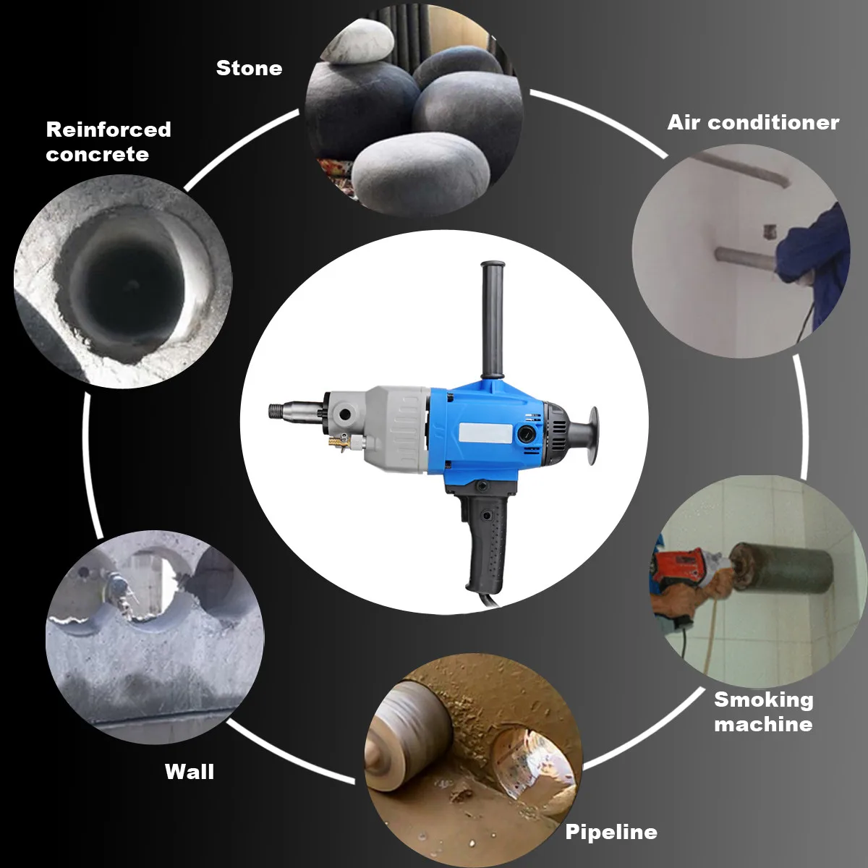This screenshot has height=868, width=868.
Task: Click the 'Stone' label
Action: pyautogui.click(x=249, y=69)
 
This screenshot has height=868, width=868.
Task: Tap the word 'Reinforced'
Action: pyautogui.click(x=109, y=129)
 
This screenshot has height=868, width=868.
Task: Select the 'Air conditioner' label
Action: pyautogui.click(x=753, y=122)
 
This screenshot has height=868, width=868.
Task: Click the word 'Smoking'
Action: pyautogui.click(x=764, y=700)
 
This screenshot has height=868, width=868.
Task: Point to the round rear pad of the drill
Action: pyautogui.click(x=593, y=437)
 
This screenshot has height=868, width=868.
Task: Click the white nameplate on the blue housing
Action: pyautogui.click(x=485, y=434)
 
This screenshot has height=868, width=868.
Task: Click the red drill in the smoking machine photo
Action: pyautogui.click(x=680, y=566)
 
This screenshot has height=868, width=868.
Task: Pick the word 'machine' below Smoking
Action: pyautogui.click(x=763, y=724)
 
